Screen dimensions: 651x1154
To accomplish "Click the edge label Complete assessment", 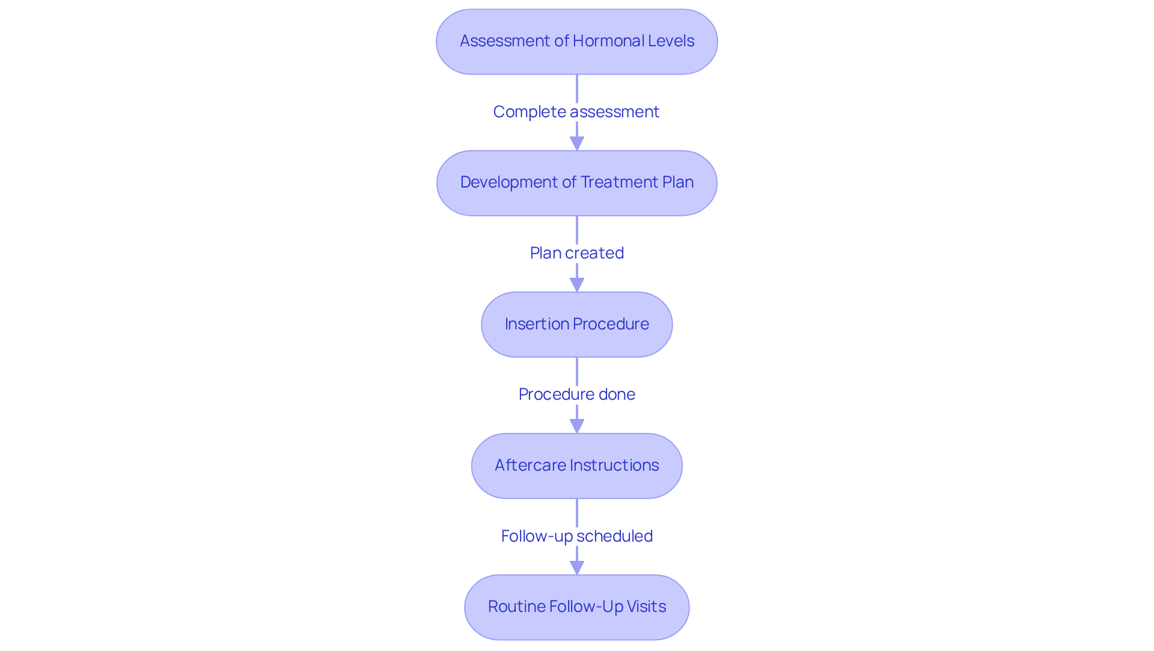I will (x=576, y=112).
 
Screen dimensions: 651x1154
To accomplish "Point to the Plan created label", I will (x=576, y=253).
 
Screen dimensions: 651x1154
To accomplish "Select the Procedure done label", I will (x=576, y=394).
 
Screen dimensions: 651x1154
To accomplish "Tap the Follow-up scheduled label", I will (x=576, y=536).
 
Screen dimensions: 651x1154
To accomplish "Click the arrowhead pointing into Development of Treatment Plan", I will (x=577, y=144).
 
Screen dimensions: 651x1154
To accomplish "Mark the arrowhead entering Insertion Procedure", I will (x=577, y=285).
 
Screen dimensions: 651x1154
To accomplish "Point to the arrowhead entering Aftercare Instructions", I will (x=577, y=426).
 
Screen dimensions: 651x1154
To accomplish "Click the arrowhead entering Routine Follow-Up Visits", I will (x=577, y=567).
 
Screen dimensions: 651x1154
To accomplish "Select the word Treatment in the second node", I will (x=619, y=182).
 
